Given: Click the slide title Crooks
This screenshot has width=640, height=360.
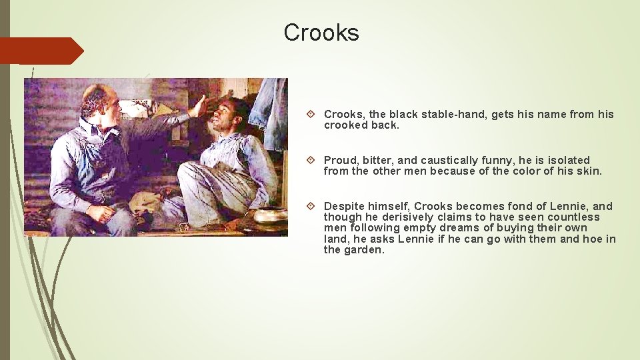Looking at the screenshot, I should click(321, 33).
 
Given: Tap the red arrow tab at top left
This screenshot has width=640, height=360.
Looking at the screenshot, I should click(41, 51).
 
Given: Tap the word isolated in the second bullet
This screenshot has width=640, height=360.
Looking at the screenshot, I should click(565, 160).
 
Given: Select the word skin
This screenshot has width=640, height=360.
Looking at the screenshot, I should click(589, 171).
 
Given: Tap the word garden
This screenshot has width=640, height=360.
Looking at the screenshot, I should click(365, 250).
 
